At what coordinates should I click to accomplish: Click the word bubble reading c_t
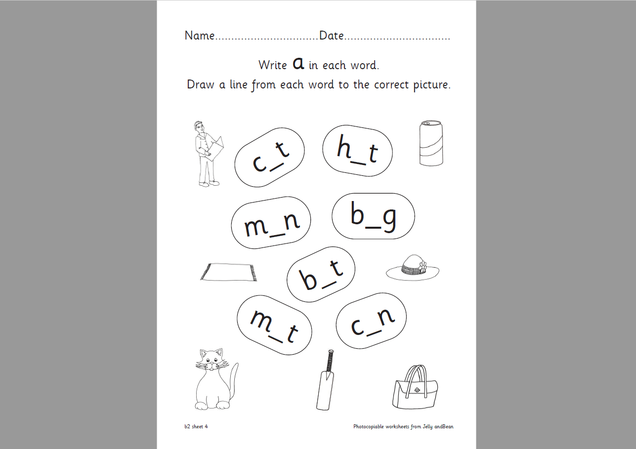[x=269, y=157]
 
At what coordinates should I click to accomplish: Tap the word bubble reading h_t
[x=357, y=150]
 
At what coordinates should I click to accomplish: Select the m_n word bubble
[x=271, y=226]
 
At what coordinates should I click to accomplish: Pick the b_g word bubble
[x=373, y=216]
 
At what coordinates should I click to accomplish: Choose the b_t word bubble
[x=321, y=274]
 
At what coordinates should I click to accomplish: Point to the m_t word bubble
[x=274, y=325]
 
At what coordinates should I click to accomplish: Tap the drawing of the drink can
[x=430, y=143]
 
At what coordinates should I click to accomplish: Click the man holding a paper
[x=207, y=153]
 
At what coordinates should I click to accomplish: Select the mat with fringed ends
[x=229, y=272]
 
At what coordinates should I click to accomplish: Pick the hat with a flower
[x=412, y=268]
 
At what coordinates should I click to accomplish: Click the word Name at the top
[x=200, y=36]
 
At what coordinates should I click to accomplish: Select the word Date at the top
[x=332, y=36]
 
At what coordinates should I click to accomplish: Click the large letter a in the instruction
[x=298, y=63]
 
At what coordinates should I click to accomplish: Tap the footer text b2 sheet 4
[x=196, y=426]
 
